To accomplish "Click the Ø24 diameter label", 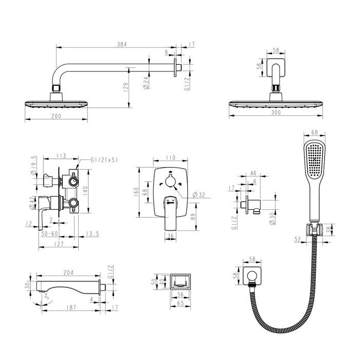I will (x=146, y=83).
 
